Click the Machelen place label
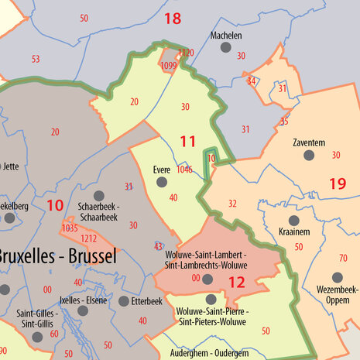[226, 36]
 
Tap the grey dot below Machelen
[226, 48]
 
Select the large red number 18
[173, 18]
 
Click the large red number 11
[188, 141]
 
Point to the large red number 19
[337, 183]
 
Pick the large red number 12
[237, 283]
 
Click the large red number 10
[54, 205]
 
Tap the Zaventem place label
[309, 143]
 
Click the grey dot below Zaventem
[309, 156]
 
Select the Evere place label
[161, 170]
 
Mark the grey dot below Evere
[161, 182]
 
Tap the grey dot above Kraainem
[293, 220]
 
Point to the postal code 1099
[169, 67]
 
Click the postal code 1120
[186, 53]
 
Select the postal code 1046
[184, 170]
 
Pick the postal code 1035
[70, 228]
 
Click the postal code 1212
[89, 239]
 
